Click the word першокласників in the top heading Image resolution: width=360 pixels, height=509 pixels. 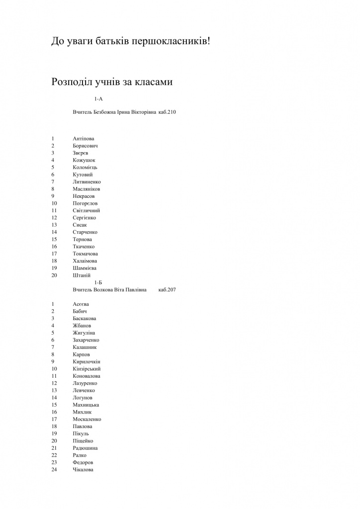coord(170,41)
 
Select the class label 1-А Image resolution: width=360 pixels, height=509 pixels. coord(98,99)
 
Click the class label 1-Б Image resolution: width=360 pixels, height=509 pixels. coord(98,282)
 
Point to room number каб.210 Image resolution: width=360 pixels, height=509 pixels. coord(168,112)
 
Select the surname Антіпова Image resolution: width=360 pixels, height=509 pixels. coord(84,138)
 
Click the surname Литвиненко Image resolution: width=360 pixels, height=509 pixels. coord(87,182)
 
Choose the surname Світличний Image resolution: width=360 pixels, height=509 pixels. coord(87,210)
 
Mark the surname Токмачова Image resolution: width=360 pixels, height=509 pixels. coord(85,254)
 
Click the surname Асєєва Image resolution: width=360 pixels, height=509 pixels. coord(81,304)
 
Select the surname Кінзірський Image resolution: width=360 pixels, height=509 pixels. coord(87,369)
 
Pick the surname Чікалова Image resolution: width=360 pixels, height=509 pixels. coord(83,470)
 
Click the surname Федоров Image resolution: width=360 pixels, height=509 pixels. coord(83,462)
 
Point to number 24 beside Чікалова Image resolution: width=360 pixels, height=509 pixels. coord(54,470)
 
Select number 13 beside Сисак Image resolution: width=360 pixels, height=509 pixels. coord(54,225)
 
